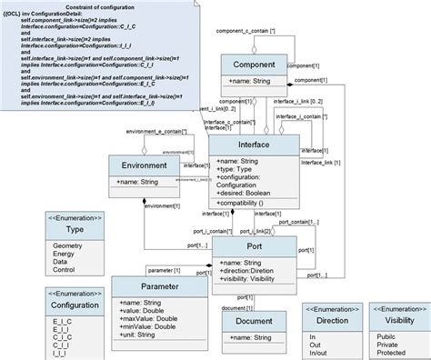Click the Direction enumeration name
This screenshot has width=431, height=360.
(x=330, y=321)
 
